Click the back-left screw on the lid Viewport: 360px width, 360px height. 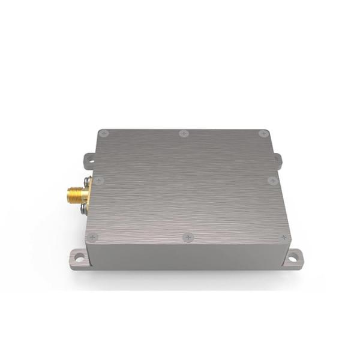(104, 133)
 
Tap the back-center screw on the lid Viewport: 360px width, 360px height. (184, 133)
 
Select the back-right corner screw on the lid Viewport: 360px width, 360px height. (263, 133)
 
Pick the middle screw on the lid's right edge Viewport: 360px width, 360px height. (272, 180)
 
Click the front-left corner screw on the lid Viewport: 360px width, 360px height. (92, 238)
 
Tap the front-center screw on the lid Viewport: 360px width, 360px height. (188, 238)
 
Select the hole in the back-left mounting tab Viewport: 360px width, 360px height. (88, 160)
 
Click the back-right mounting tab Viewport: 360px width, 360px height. (278, 160)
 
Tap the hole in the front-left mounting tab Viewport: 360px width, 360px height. (79, 259)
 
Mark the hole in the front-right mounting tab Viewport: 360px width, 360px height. (293, 259)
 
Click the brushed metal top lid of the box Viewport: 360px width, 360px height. (186, 186)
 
